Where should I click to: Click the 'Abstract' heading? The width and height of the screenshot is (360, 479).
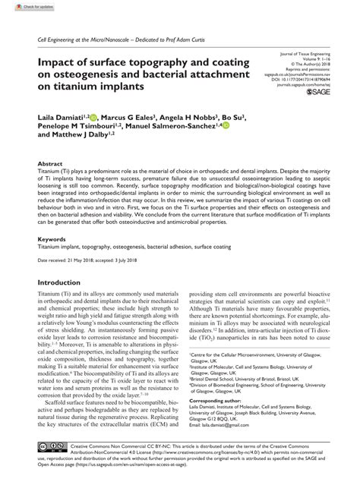click(x=51, y=163)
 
